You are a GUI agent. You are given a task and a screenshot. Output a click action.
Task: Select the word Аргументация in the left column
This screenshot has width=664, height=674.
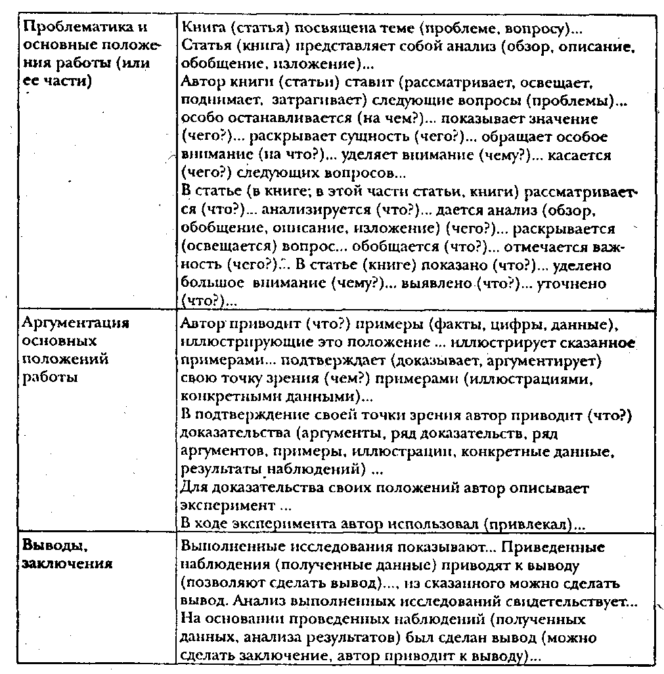pyautogui.click(x=76, y=323)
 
